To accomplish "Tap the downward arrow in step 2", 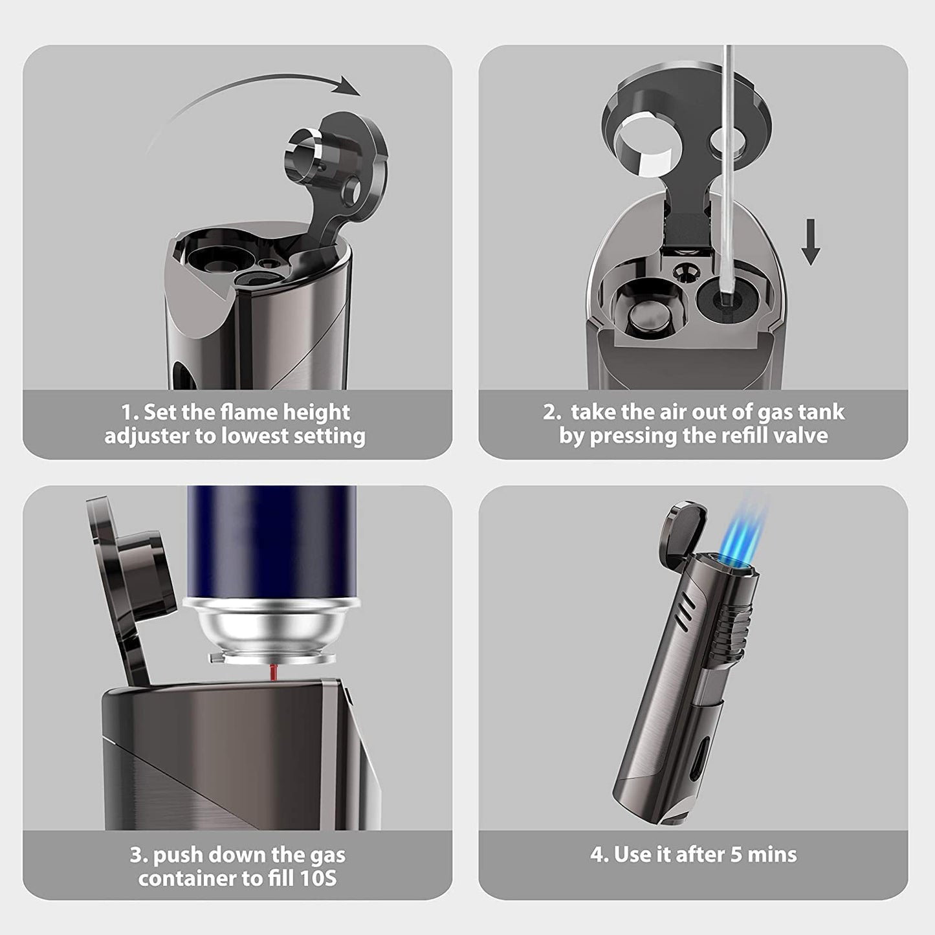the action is (x=810, y=241).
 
